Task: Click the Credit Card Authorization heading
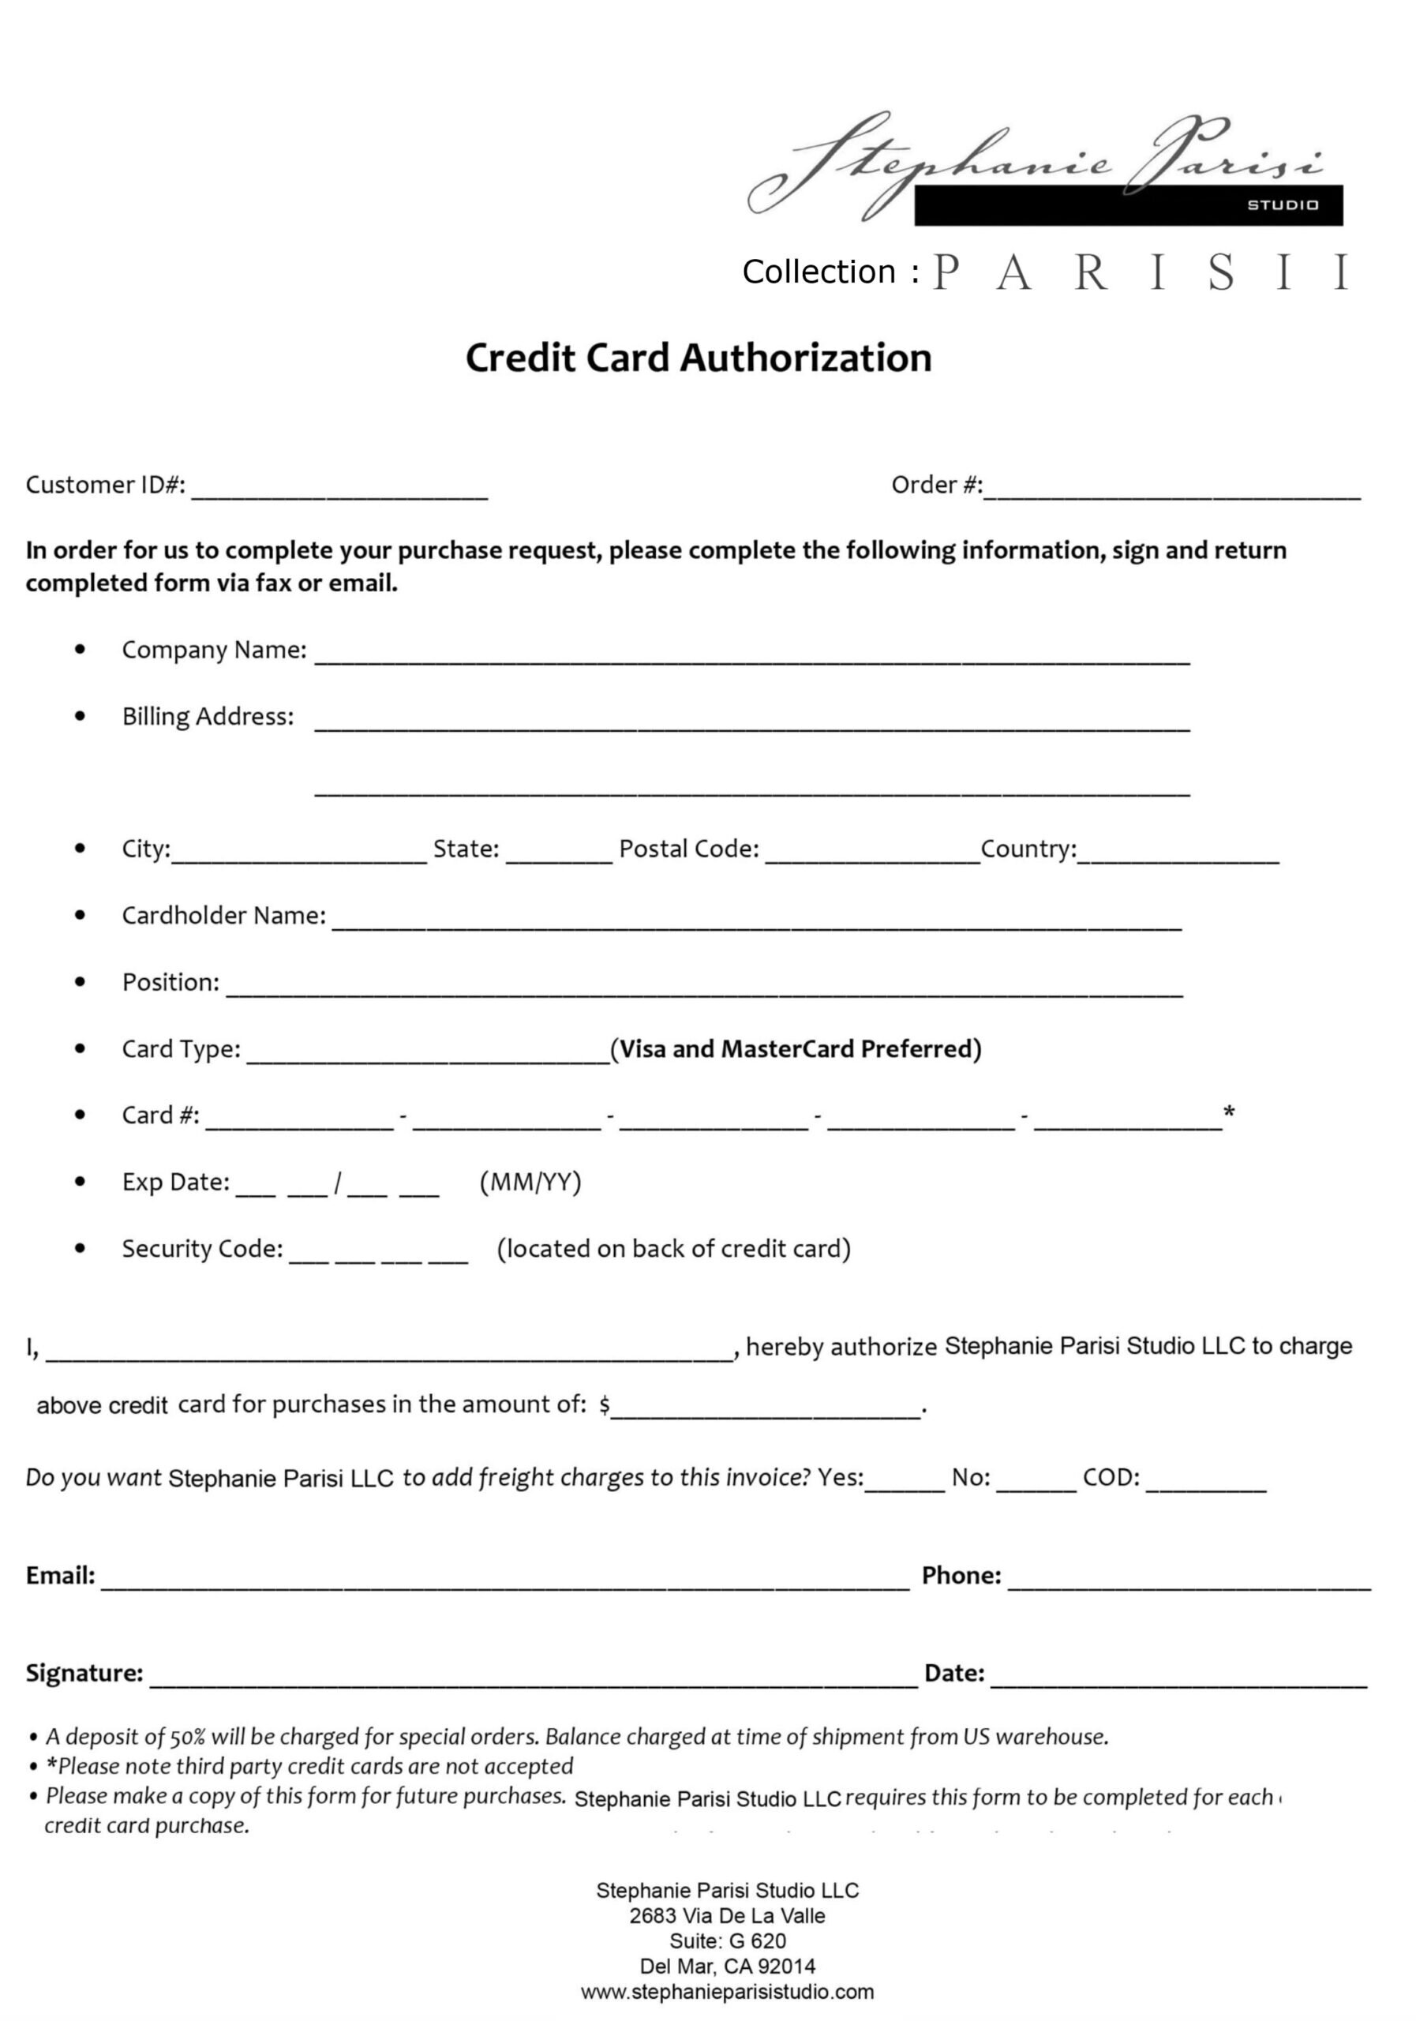click(x=698, y=358)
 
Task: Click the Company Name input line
click(x=751, y=658)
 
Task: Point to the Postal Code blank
click(x=872, y=857)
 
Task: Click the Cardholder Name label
click(x=223, y=916)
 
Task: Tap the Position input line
click(x=704, y=990)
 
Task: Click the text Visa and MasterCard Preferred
click(x=796, y=1048)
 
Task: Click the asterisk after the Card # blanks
click(x=1229, y=1112)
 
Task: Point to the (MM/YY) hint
click(x=530, y=1181)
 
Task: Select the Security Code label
click(x=202, y=1248)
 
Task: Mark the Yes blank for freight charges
click(x=904, y=1485)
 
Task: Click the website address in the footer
click(x=727, y=1992)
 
